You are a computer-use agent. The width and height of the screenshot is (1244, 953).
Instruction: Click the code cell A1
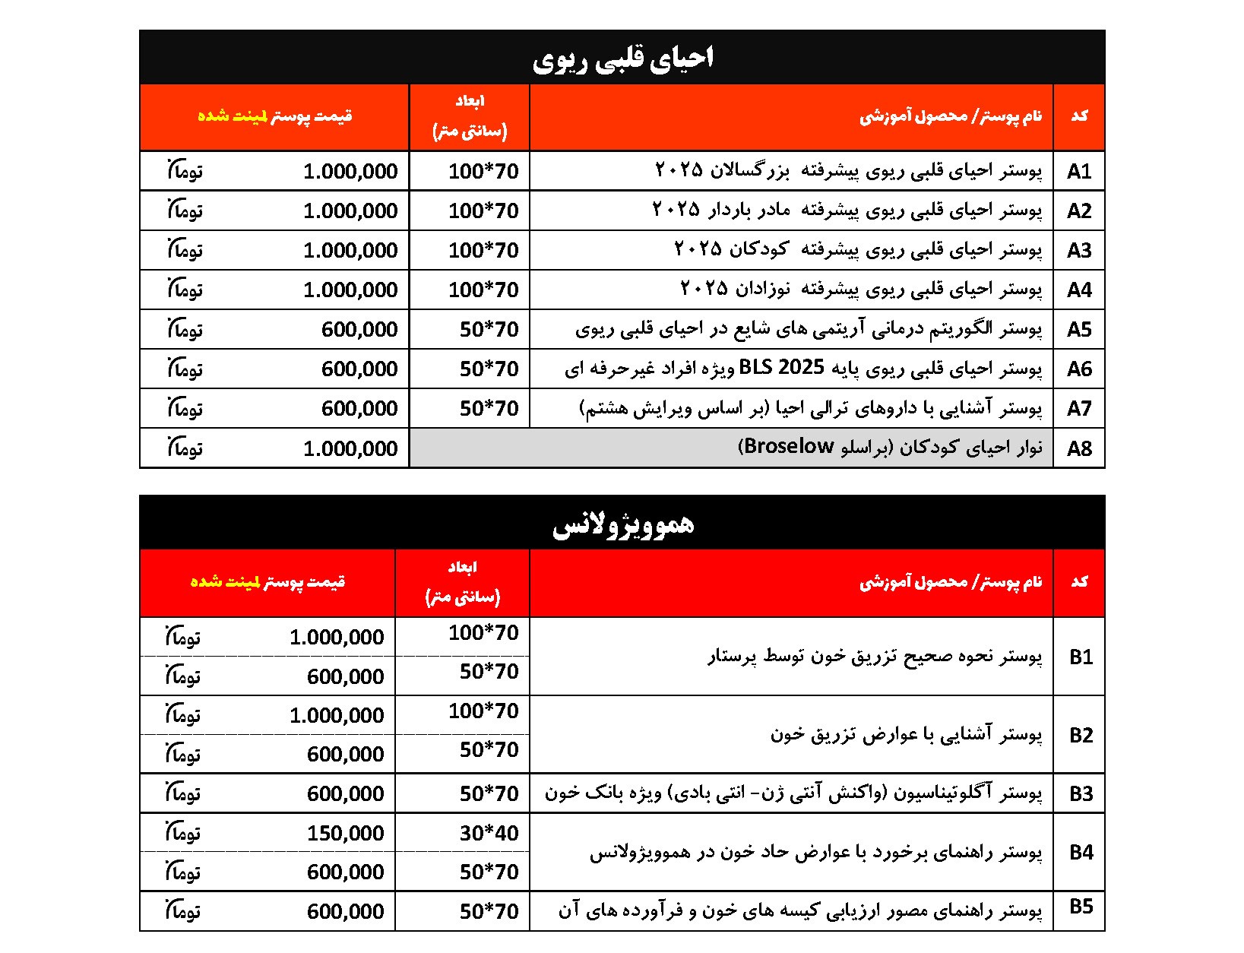click(x=1078, y=171)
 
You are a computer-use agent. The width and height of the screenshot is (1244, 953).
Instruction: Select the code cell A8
click(x=1078, y=448)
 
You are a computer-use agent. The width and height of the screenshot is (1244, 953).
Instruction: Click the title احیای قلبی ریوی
click(x=622, y=59)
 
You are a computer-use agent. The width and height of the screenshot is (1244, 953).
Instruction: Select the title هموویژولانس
click(x=622, y=524)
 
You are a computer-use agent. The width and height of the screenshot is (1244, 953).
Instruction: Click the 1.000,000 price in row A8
click(x=350, y=448)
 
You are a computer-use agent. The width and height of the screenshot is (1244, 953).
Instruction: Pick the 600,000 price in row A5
click(x=359, y=330)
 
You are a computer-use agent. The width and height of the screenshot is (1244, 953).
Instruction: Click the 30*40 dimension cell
click(x=489, y=834)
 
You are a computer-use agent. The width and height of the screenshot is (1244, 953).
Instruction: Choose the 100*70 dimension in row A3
click(x=483, y=250)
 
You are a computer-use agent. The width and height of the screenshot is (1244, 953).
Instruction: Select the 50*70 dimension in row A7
click(x=489, y=409)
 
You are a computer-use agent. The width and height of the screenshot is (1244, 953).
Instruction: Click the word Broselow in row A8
click(x=789, y=447)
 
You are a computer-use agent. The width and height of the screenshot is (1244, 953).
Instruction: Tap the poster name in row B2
click(x=906, y=735)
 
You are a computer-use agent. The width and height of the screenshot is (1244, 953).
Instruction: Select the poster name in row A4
click(x=860, y=290)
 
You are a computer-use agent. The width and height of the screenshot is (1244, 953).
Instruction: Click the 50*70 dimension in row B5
click(x=489, y=911)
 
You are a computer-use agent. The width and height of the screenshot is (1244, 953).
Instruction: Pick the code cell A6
click(x=1078, y=369)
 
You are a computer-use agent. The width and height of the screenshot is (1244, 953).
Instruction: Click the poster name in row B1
click(x=875, y=657)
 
